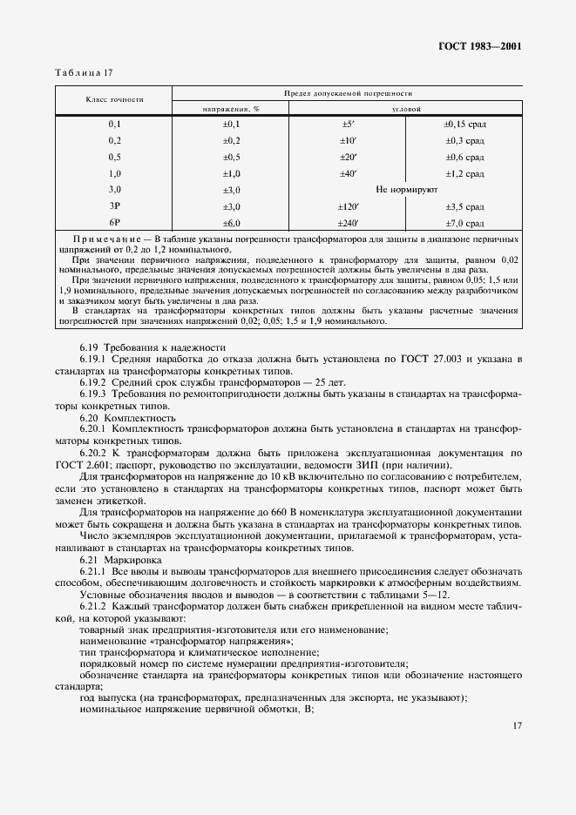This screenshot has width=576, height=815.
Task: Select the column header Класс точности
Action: pyautogui.click(x=114, y=100)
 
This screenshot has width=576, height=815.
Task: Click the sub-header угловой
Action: pyautogui.click(x=406, y=109)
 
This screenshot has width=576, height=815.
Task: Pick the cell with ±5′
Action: pyautogui.click(x=348, y=125)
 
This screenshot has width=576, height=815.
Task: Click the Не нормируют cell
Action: pyautogui.click(x=406, y=189)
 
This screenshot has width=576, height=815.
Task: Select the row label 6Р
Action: pyautogui.click(x=114, y=222)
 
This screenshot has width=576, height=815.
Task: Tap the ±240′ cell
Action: pyautogui.click(x=348, y=222)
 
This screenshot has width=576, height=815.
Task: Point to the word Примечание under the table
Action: pyautogui.click(x=109, y=238)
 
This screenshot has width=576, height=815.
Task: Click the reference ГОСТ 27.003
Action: pyautogui.click(x=467, y=359)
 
